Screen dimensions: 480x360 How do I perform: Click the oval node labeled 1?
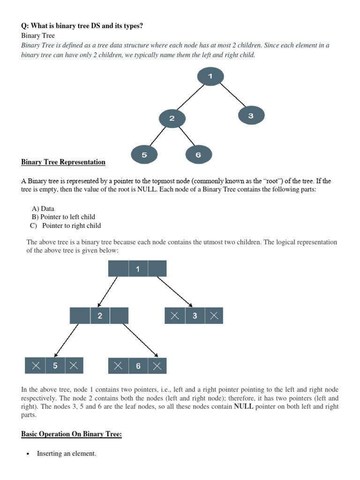(x=210, y=76)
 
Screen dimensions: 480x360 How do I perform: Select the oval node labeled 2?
(x=172, y=118)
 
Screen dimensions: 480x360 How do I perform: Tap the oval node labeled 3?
(x=251, y=115)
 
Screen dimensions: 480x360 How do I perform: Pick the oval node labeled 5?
(x=144, y=155)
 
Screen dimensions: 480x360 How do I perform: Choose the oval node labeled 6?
(x=198, y=155)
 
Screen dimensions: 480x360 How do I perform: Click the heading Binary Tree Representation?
(x=63, y=162)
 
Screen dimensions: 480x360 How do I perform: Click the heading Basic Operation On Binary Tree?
(x=71, y=434)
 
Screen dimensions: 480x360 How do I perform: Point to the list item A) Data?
(x=43, y=209)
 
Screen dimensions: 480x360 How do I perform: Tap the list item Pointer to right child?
(x=71, y=225)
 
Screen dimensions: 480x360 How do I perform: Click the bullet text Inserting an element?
(x=67, y=454)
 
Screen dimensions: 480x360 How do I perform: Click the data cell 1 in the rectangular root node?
(x=138, y=269)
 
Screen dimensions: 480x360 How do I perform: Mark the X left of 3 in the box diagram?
(x=175, y=316)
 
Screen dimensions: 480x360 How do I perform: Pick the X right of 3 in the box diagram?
(x=214, y=316)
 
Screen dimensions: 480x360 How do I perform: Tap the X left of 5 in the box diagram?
(x=36, y=366)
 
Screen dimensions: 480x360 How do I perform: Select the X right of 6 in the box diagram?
(x=157, y=366)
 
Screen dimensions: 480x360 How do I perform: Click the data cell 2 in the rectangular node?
(x=100, y=316)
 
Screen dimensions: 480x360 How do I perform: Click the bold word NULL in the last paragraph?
(x=243, y=406)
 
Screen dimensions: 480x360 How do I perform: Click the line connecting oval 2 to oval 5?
(x=157, y=137)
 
